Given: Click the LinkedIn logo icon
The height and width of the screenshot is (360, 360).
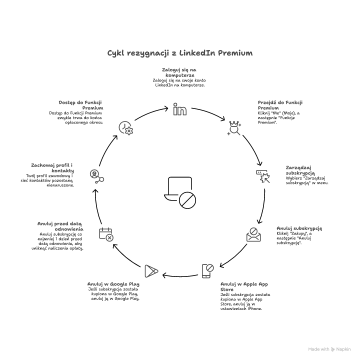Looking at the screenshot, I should (x=179, y=109).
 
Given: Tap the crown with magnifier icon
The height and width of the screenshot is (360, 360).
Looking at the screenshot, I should (x=233, y=128).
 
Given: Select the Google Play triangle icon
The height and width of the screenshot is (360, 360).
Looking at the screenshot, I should (x=151, y=271).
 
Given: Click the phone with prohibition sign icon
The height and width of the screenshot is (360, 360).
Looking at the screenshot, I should (x=208, y=271).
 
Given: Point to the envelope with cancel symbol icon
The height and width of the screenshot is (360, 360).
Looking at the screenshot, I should (x=253, y=235).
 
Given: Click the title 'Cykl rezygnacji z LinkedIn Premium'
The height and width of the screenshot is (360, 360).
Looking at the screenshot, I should (x=180, y=53).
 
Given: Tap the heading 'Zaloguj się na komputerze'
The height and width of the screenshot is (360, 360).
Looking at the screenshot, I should (x=179, y=72).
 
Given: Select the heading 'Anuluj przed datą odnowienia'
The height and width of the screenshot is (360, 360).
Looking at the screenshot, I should (x=62, y=226).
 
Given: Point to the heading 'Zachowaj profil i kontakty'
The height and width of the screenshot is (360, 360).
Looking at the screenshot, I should (x=52, y=167).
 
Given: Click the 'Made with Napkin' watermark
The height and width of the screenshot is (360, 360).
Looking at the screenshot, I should (x=329, y=349).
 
